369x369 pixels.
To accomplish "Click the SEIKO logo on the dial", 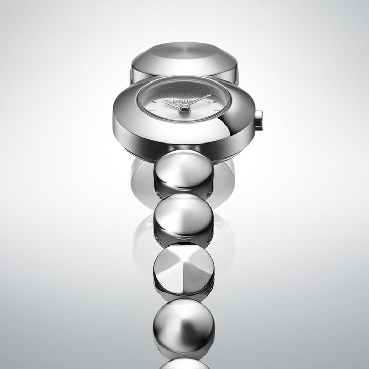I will (182, 101).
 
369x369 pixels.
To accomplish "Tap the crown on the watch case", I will (258, 120).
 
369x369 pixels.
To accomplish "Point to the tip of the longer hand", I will (211, 95).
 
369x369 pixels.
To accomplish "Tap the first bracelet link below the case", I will (183, 172).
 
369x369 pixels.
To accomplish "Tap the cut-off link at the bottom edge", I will (183, 363).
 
